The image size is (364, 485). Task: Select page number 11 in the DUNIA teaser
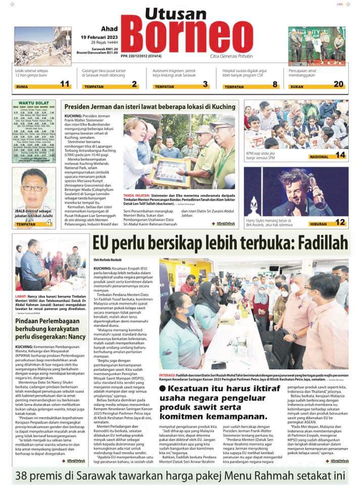[x=65, y=84]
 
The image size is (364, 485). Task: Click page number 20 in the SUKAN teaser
[x=338, y=84]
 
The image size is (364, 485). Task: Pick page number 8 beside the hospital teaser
[x=275, y=84]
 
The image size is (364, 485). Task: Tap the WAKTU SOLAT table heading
[x=33, y=103]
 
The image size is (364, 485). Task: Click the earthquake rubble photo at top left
[x=42, y=46]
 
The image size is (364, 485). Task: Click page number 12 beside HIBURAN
[x=340, y=222]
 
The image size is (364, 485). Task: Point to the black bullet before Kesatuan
[x=162, y=388]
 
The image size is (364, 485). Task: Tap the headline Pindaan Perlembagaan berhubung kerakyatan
[x=49, y=324]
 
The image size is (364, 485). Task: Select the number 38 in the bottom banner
[x=24, y=475]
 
